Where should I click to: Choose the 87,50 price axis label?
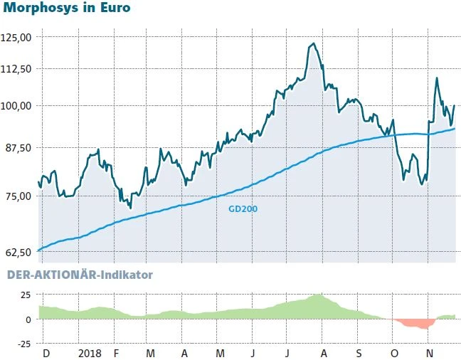(20, 147)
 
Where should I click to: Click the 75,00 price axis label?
(20, 196)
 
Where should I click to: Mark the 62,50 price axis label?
(20, 252)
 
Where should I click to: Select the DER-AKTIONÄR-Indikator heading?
(79, 274)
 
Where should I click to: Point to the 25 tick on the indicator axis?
(24, 295)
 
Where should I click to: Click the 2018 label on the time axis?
(90, 353)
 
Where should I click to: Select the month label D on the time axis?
(46, 353)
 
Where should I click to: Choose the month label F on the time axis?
(116, 353)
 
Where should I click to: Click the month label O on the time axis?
(393, 353)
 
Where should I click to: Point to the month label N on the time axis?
(428, 353)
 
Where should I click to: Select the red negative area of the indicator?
(416, 324)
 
